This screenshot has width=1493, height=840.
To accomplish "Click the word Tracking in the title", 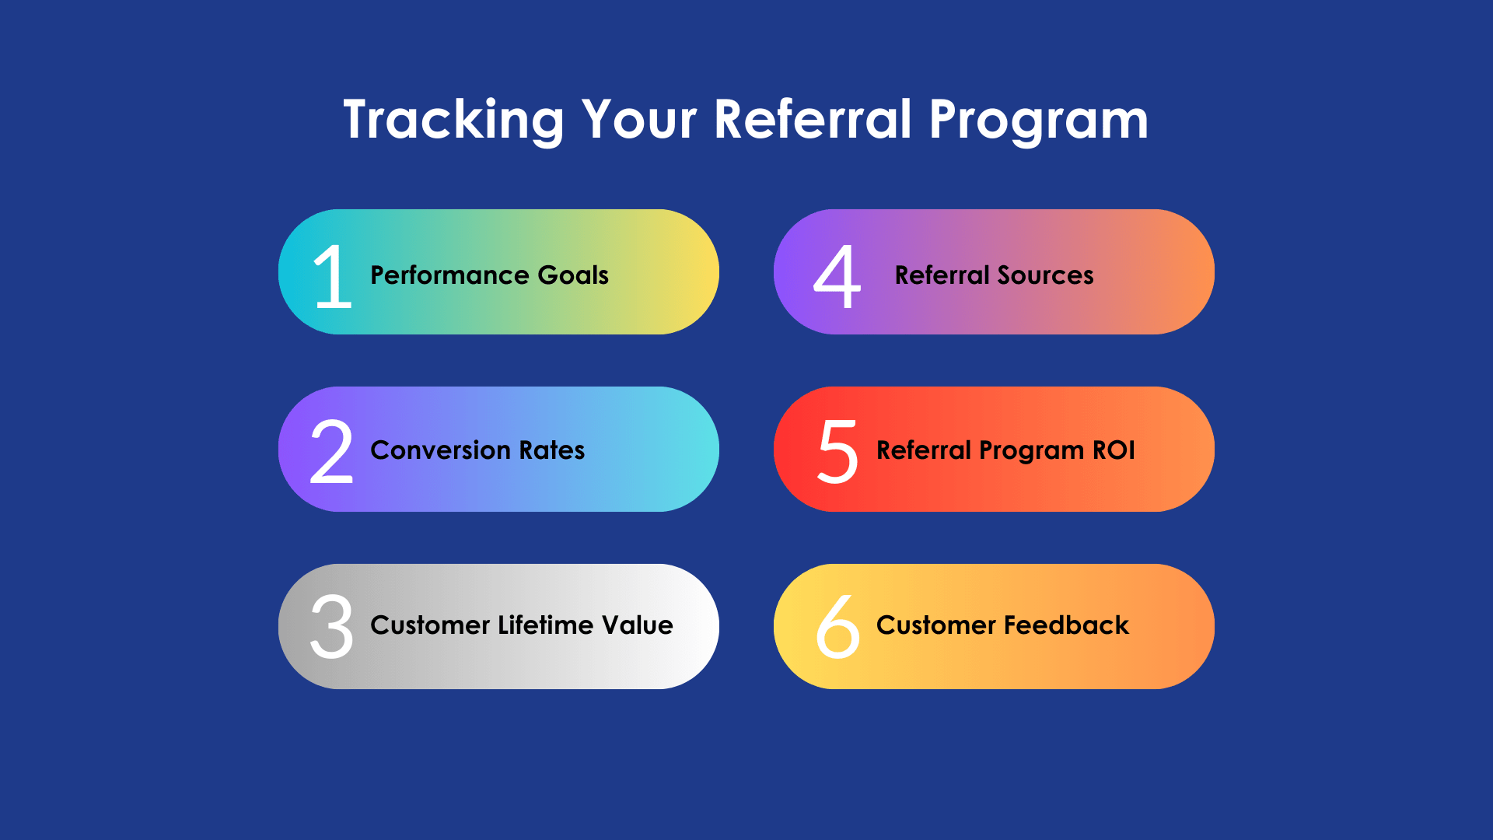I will (453, 121).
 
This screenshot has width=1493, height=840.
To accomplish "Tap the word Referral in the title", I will (812, 121).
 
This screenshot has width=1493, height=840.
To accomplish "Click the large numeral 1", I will (333, 277).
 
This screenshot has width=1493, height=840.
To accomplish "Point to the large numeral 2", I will (331, 452).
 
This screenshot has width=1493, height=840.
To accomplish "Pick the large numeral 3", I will (331, 627).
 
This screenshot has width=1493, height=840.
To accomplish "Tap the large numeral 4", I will (837, 277).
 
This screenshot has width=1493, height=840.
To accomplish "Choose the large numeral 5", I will (837, 452).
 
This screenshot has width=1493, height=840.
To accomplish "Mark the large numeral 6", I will (837, 627).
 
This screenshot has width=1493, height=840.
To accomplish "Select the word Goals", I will (573, 275).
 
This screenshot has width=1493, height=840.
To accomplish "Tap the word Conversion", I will (440, 450).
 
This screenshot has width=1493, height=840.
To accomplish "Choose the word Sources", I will (1045, 275).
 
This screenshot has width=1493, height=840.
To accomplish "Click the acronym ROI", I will (1114, 450).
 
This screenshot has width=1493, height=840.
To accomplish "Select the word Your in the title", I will (639, 121).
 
